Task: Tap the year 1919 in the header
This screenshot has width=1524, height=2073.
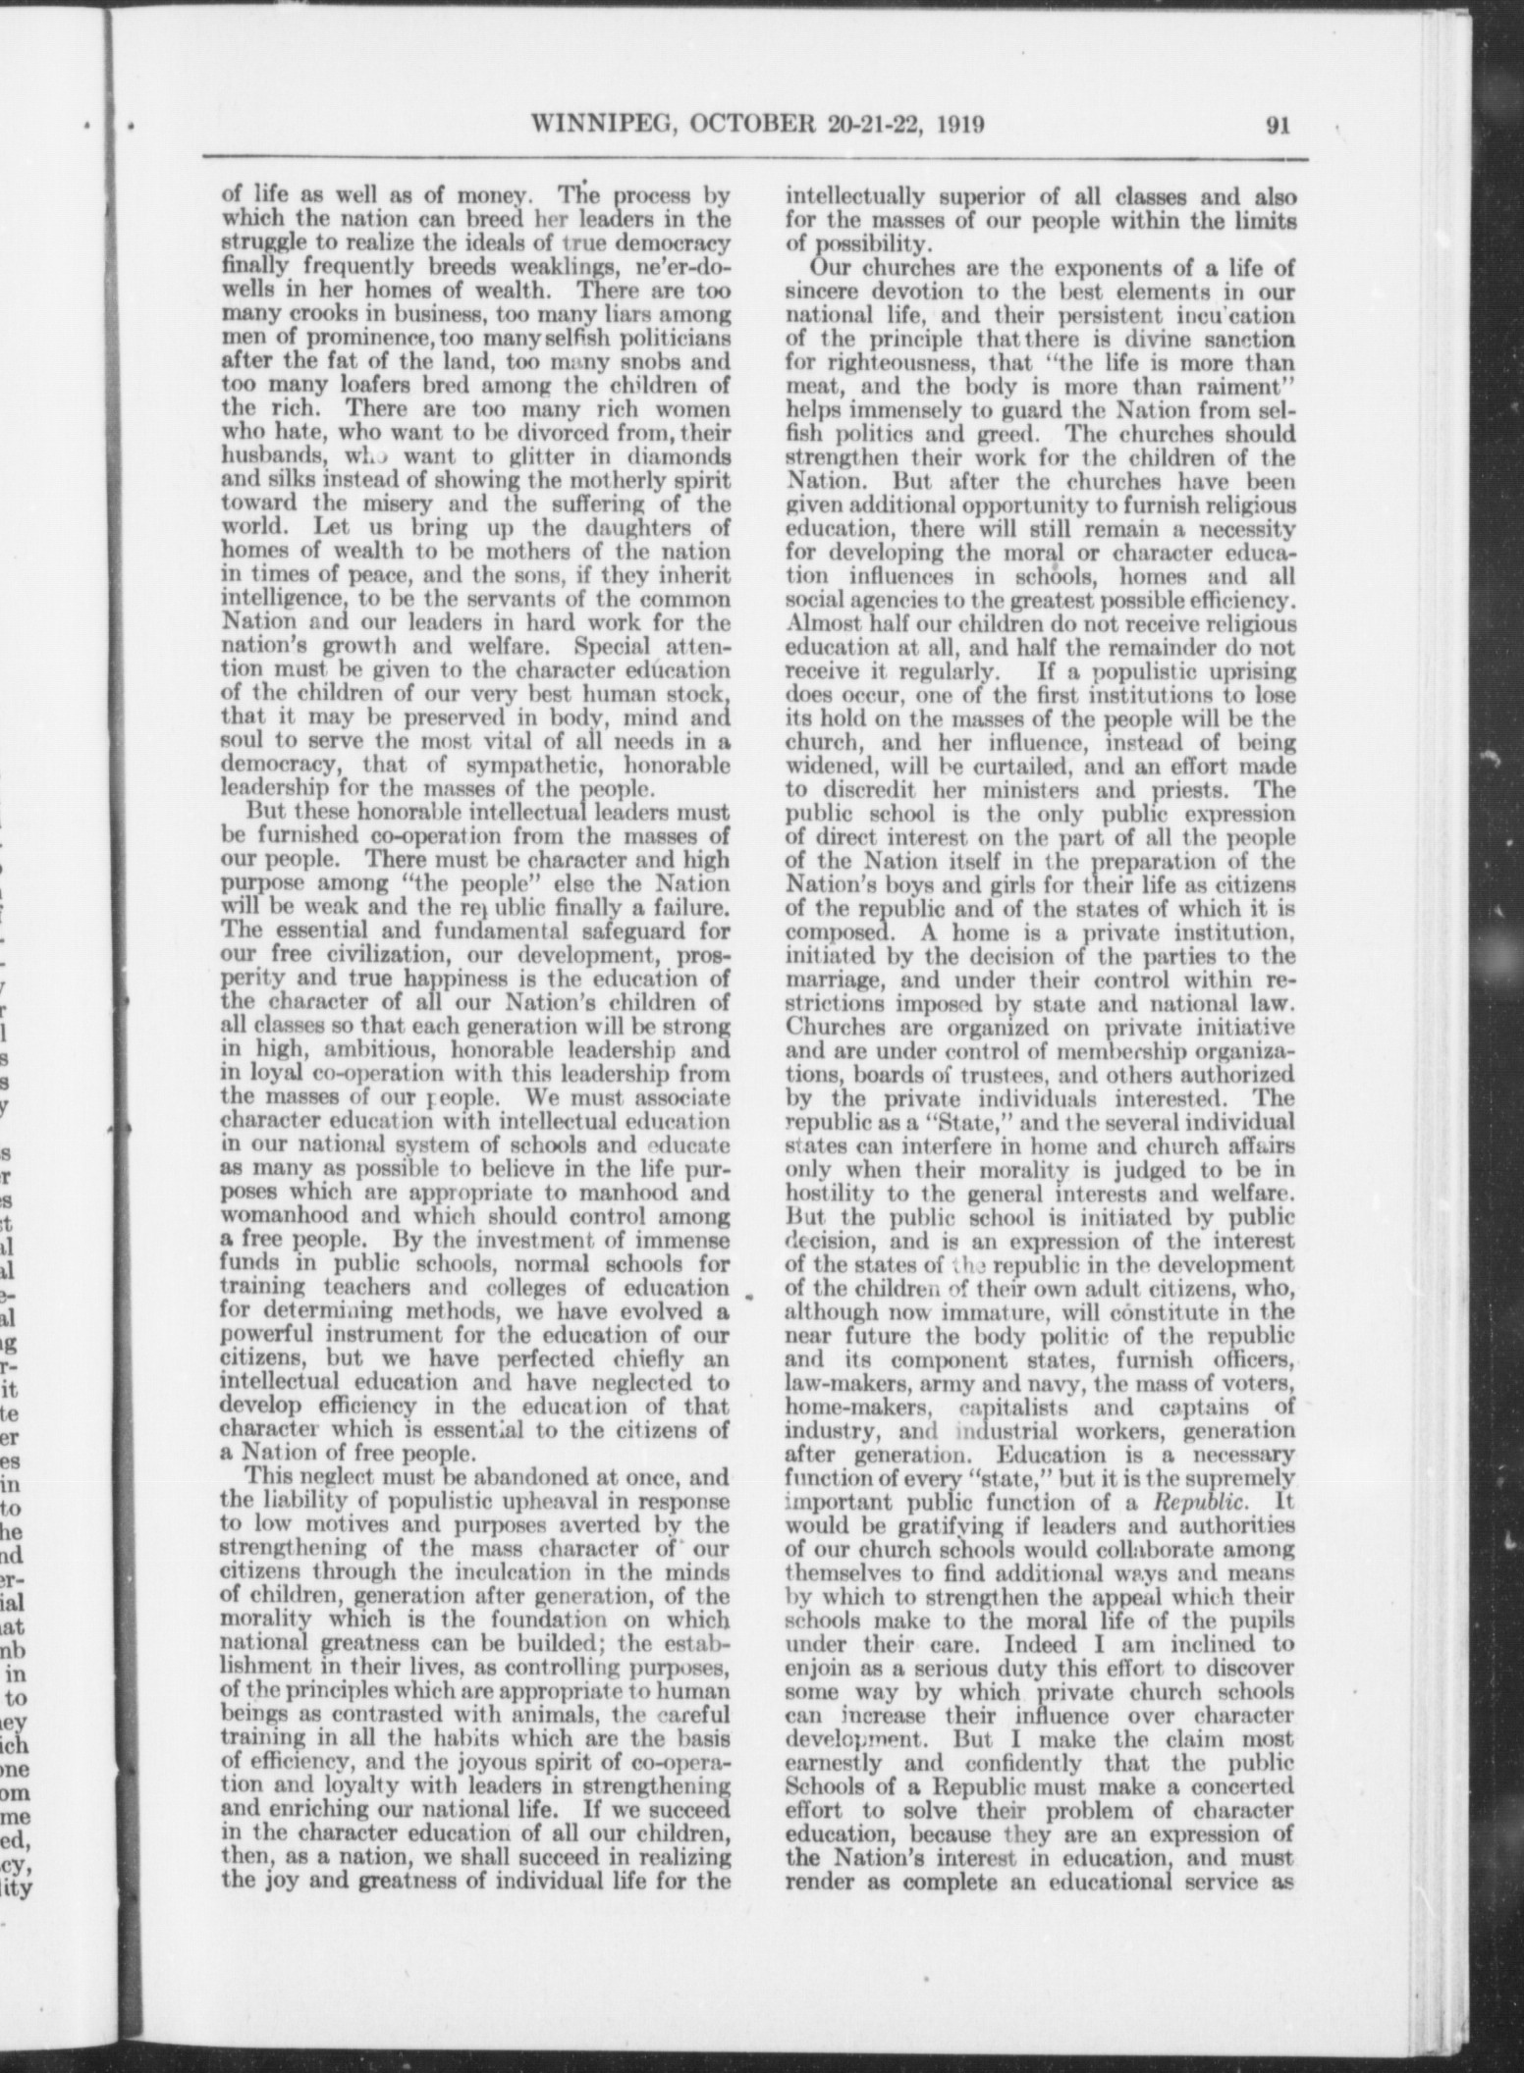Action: pyautogui.click(x=952, y=124)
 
